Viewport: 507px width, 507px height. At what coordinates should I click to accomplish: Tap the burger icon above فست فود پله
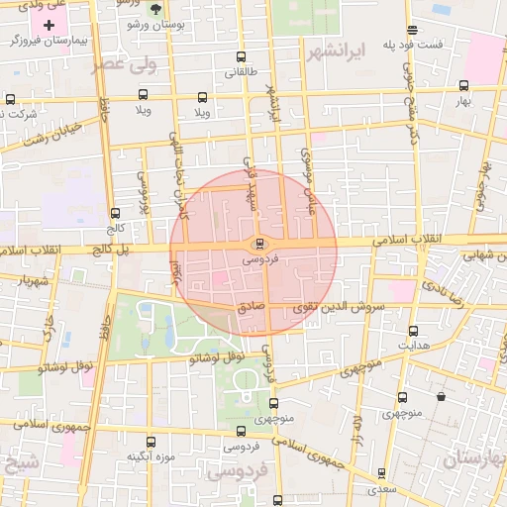click(x=412, y=30)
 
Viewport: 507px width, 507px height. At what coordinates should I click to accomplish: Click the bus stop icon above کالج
click(x=116, y=212)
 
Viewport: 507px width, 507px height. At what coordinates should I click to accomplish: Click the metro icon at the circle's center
click(x=259, y=244)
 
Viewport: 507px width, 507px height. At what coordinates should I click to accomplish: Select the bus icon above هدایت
click(x=413, y=331)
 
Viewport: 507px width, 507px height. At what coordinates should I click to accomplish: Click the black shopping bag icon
click(x=441, y=397)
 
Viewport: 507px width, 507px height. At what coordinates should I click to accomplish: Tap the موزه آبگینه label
click(x=151, y=457)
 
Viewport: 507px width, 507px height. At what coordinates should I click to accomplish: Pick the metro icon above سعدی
click(x=381, y=473)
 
